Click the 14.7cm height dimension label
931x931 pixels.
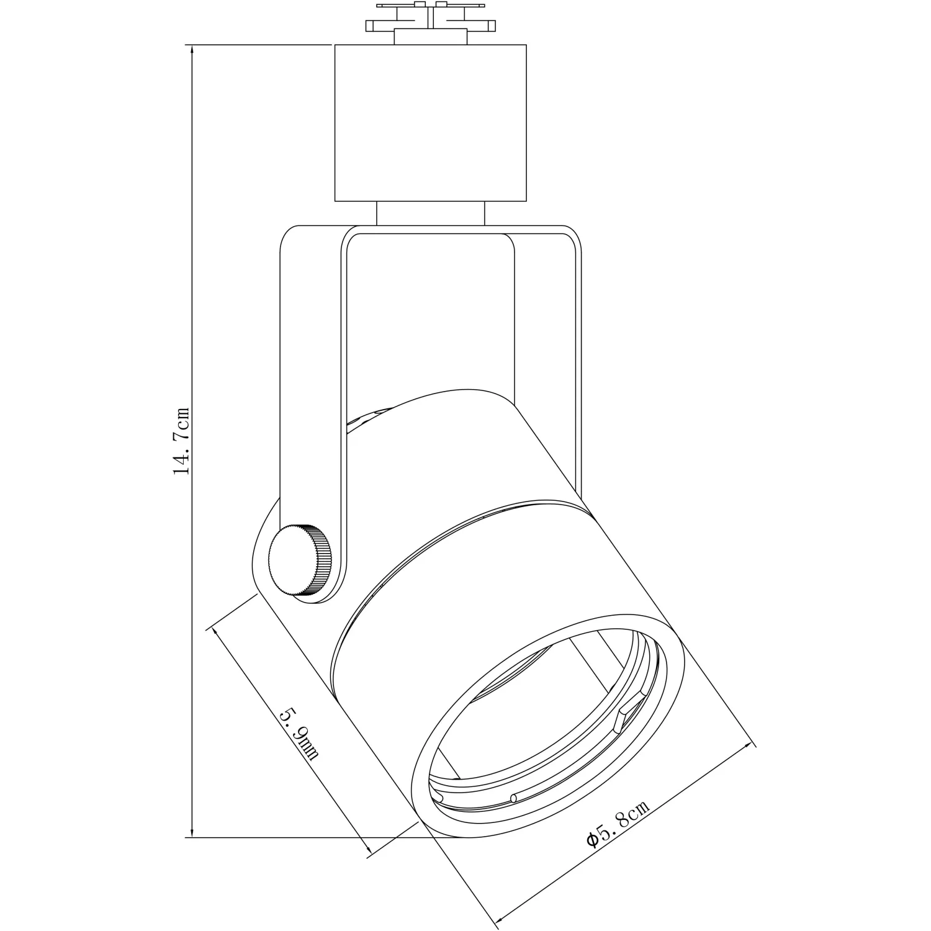pyautogui.click(x=181, y=441)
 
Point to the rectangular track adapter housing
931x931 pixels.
pyautogui.click(x=430, y=123)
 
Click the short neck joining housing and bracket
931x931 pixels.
pyautogui.click(x=430, y=214)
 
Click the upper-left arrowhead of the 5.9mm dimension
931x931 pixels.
pyautogui.click(x=217, y=634)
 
